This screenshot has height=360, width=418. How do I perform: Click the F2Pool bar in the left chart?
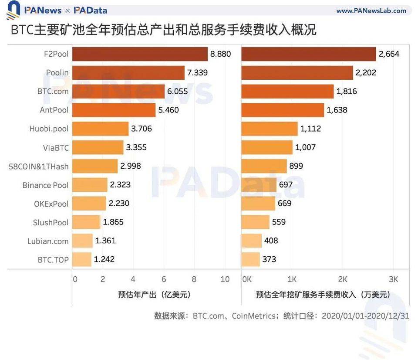click(139, 54)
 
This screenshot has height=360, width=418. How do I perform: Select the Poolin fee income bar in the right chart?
click(297, 73)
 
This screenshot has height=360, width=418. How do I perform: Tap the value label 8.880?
click(220, 54)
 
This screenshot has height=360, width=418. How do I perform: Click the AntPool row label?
click(54, 110)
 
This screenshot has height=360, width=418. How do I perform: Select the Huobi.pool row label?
click(49, 129)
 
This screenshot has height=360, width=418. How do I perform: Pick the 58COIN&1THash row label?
click(39, 166)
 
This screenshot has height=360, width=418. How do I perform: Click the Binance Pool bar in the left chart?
click(89, 185)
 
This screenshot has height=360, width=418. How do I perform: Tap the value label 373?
click(269, 259)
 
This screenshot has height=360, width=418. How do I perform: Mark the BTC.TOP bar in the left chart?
click(81, 259)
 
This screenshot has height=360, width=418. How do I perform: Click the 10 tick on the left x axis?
click(225, 279)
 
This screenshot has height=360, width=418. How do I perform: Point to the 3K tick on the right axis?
click(393, 279)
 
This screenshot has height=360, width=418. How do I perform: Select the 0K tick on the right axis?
click(246, 279)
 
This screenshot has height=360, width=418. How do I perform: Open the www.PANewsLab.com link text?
click(371, 10)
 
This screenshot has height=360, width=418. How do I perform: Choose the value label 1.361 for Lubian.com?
click(105, 241)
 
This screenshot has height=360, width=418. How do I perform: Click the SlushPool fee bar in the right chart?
click(255, 222)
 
